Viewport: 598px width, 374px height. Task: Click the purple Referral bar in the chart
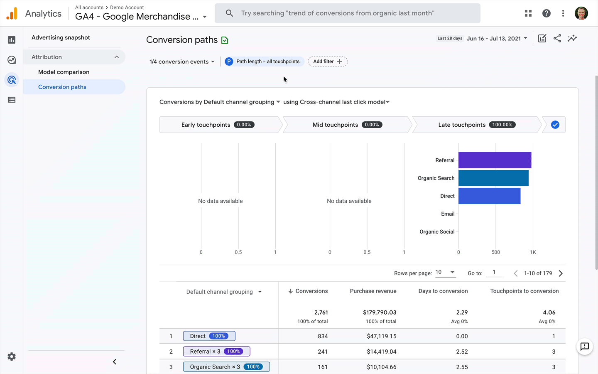pos(494,160)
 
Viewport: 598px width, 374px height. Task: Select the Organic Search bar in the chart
pos(493,178)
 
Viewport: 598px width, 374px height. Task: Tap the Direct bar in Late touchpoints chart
pos(489,196)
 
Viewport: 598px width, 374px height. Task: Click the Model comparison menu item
pos(64,72)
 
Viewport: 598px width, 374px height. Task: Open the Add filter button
pos(327,62)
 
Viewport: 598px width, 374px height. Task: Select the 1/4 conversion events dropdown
pos(182,62)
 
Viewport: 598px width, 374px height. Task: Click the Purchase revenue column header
pos(373,291)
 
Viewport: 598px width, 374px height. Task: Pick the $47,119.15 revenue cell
pos(381,336)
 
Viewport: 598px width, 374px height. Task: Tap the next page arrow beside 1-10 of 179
pos(561,273)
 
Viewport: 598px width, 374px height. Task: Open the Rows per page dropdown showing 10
pos(445,272)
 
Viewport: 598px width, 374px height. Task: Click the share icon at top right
pos(557,39)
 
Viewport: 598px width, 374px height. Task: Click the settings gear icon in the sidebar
pos(12,357)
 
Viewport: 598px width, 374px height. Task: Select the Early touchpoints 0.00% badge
pos(244,125)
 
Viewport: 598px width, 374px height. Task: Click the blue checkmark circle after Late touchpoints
pos(555,125)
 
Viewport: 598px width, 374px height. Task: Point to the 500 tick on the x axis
pos(495,252)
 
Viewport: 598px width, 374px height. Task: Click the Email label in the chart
pos(447,214)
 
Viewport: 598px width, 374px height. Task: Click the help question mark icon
pos(546,13)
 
